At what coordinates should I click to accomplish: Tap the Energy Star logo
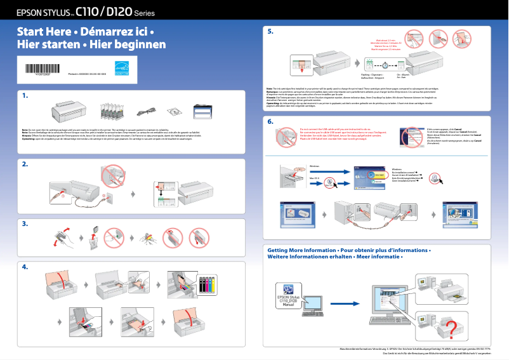(x=121, y=69)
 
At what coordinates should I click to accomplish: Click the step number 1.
(x=25, y=96)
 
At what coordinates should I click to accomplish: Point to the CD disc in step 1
(x=175, y=112)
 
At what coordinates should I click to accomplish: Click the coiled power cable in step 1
(x=143, y=113)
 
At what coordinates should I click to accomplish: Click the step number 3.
(x=25, y=223)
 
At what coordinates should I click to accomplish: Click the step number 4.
(x=25, y=267)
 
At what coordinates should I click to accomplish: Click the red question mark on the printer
(x=451, y=328)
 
